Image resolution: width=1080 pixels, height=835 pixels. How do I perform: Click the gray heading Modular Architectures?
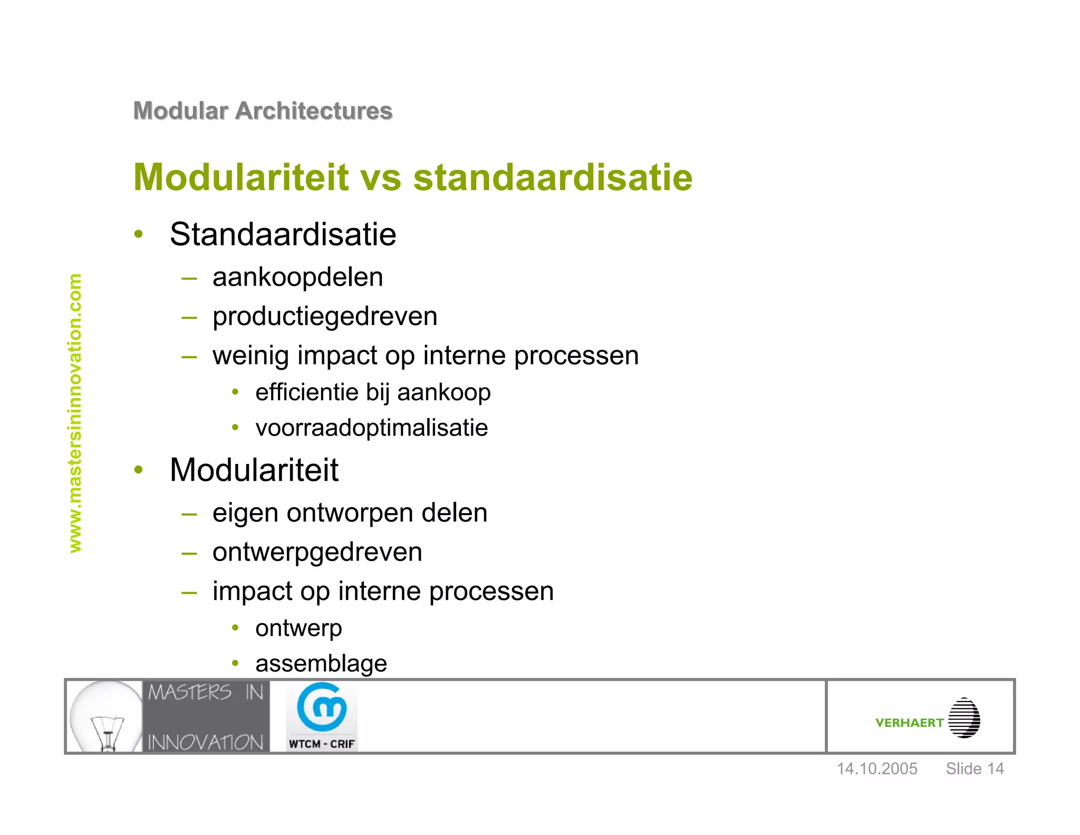(x=263, y=111)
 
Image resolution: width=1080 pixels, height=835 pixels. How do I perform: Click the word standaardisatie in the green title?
(x=552, y=177)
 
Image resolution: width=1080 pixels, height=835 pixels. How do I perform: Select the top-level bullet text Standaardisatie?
(x=283, y=234)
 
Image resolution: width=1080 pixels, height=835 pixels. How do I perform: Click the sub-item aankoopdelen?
(x=297, y=278)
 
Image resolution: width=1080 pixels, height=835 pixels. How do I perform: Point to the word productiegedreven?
(x=325, y=317)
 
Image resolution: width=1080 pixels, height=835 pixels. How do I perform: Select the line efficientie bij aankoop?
(x=373, y=393)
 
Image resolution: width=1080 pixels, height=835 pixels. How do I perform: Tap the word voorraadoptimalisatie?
(x=371, y=428)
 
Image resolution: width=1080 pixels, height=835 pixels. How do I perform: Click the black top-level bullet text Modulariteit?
(x=254, y=470)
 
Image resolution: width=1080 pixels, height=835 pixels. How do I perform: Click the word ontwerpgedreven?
(x=317, y=553)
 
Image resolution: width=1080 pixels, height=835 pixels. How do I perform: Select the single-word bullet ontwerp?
(x=298, y=629)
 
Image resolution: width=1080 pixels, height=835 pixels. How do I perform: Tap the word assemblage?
(x=321, y=663)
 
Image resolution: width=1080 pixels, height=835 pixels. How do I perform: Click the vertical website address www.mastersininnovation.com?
(x=75, y=413)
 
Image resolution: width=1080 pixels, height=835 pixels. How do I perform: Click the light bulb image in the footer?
(x=105, y=716)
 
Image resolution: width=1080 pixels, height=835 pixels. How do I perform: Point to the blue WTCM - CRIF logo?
(x=322, y=716)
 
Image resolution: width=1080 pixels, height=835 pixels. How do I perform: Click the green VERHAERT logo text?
(x=909, y=723)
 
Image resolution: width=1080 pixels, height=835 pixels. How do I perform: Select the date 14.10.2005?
(x=877, y=768)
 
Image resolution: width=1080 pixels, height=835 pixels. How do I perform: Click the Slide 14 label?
(x=975, y=768)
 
